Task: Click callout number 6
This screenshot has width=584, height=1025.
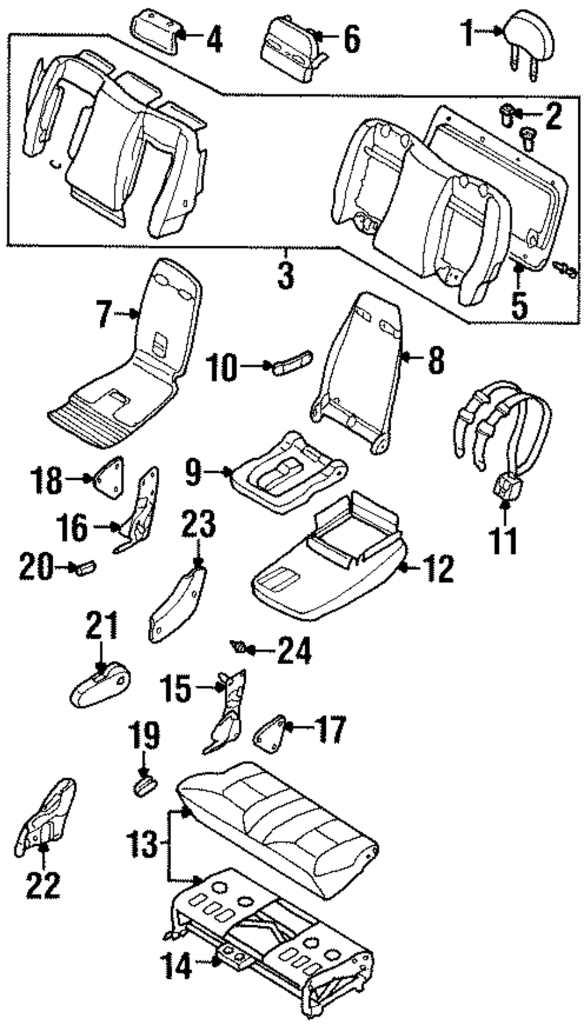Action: tap(351, 40)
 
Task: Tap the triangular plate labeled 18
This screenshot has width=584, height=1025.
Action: tap(109, 476)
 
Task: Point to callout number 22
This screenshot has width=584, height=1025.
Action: tap(43, 885)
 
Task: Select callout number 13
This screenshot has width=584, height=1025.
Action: tap(141, 843)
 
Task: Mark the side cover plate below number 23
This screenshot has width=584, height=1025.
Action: tap(177, 605)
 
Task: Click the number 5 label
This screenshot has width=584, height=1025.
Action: tap(519, 304)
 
